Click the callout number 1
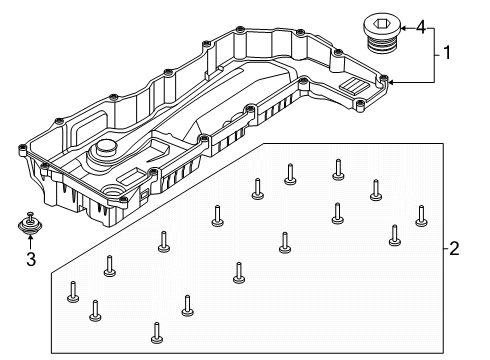[x=447, y=53]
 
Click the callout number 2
[x=454, y=248]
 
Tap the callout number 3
[x=30, y=261]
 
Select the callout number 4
[x=421, y=26]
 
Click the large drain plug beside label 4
[x=382, y=30]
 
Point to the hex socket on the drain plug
[x=381, y=19]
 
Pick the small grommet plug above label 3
[x=31, y=226]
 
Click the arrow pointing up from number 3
[x=31, y=243]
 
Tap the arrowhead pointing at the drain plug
[x=404, y=26]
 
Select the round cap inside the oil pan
[x=105, y=154]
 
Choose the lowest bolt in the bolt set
[x=157, y=331]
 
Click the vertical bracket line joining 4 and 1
[x=434, y=53]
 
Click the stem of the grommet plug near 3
[x=31, y=216]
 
